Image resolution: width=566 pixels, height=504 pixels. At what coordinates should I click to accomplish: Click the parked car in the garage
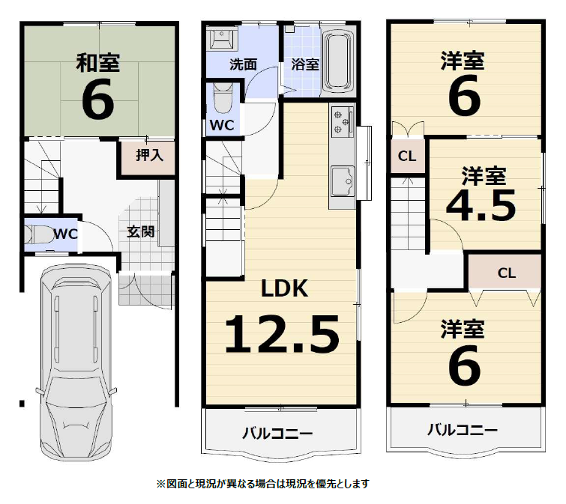76,362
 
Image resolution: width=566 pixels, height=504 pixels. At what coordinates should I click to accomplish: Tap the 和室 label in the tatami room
97,63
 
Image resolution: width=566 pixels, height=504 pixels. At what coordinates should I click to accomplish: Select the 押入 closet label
149,155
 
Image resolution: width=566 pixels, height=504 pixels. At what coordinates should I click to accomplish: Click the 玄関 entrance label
141,231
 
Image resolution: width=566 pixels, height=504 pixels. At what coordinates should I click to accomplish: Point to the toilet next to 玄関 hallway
39,234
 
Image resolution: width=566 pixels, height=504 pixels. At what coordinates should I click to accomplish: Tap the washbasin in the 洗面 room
223,39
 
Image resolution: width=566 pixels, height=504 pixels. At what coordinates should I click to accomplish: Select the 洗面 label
244,64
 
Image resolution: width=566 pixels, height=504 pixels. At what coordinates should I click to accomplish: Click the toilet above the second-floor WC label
222,98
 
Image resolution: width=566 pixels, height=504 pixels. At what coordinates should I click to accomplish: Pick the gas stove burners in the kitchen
342,122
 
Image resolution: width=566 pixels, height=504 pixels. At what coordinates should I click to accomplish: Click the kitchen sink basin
343,181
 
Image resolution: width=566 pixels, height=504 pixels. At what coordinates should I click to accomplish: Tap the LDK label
284,288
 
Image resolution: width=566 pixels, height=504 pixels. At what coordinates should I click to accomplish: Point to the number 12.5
282,334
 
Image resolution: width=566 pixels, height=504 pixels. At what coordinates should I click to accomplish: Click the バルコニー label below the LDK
277,433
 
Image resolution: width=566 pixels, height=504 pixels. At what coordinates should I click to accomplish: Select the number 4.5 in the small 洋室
481,206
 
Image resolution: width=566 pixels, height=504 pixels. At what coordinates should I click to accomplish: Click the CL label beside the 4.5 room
407,156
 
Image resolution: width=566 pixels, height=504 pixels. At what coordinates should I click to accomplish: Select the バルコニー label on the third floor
463,430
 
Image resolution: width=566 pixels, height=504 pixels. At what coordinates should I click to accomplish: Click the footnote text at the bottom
263,484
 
